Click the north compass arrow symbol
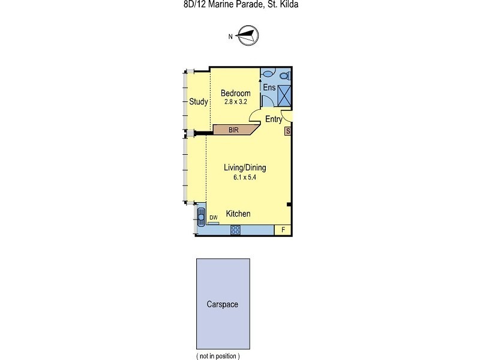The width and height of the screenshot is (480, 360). [247, 36]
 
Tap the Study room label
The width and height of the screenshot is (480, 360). [198, 101]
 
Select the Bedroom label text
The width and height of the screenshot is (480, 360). [235, 93]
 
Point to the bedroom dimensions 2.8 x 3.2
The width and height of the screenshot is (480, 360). [235, 101]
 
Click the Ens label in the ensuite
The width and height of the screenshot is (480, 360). [269, 88]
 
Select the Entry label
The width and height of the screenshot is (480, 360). [274, 119]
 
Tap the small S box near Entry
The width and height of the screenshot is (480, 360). [288, 131]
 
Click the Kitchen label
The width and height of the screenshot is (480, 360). [238, 214]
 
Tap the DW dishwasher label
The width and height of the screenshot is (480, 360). [213, 218]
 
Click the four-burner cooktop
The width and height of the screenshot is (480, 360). [236, 229]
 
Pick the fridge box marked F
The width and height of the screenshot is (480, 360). [283, 229]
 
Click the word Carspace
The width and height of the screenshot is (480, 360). [223, 304]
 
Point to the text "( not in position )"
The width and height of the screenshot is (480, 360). [218, 356]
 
